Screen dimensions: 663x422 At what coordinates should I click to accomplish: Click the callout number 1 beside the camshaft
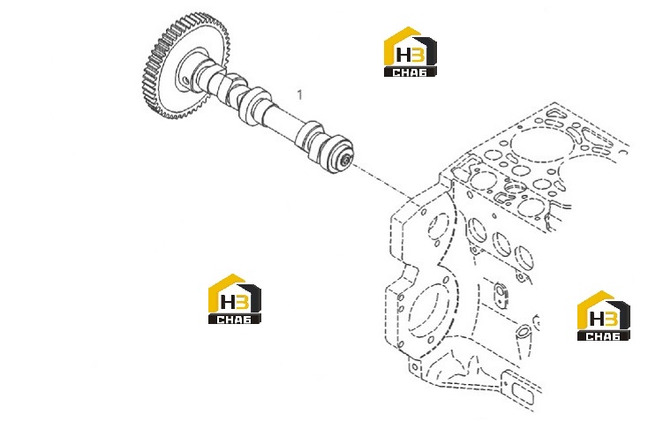coord(300,94)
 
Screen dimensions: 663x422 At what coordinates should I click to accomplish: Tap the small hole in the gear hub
coord(185,80)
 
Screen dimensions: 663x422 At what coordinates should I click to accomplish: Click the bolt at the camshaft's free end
coord(346,160)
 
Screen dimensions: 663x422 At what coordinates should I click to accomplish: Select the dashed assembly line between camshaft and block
coord(381,182)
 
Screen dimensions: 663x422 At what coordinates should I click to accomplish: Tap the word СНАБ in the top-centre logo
coord(410,72)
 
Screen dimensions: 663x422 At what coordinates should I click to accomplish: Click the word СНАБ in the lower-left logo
coord(234,320)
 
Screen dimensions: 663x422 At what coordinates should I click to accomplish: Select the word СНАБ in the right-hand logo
coord(603,336)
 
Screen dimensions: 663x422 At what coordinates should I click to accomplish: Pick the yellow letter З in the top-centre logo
coord(418,55)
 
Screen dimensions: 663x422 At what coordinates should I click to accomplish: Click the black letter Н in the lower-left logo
coord(229,302)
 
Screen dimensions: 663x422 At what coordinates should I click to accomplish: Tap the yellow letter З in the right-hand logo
coord(612,319)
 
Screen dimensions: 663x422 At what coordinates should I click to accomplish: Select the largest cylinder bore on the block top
coord(542,145)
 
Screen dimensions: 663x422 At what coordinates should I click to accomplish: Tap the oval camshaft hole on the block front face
coord(438,226)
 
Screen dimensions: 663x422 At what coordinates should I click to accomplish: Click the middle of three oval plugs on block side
coord(501,244)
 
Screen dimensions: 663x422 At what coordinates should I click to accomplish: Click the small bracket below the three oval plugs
coord(501,294)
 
